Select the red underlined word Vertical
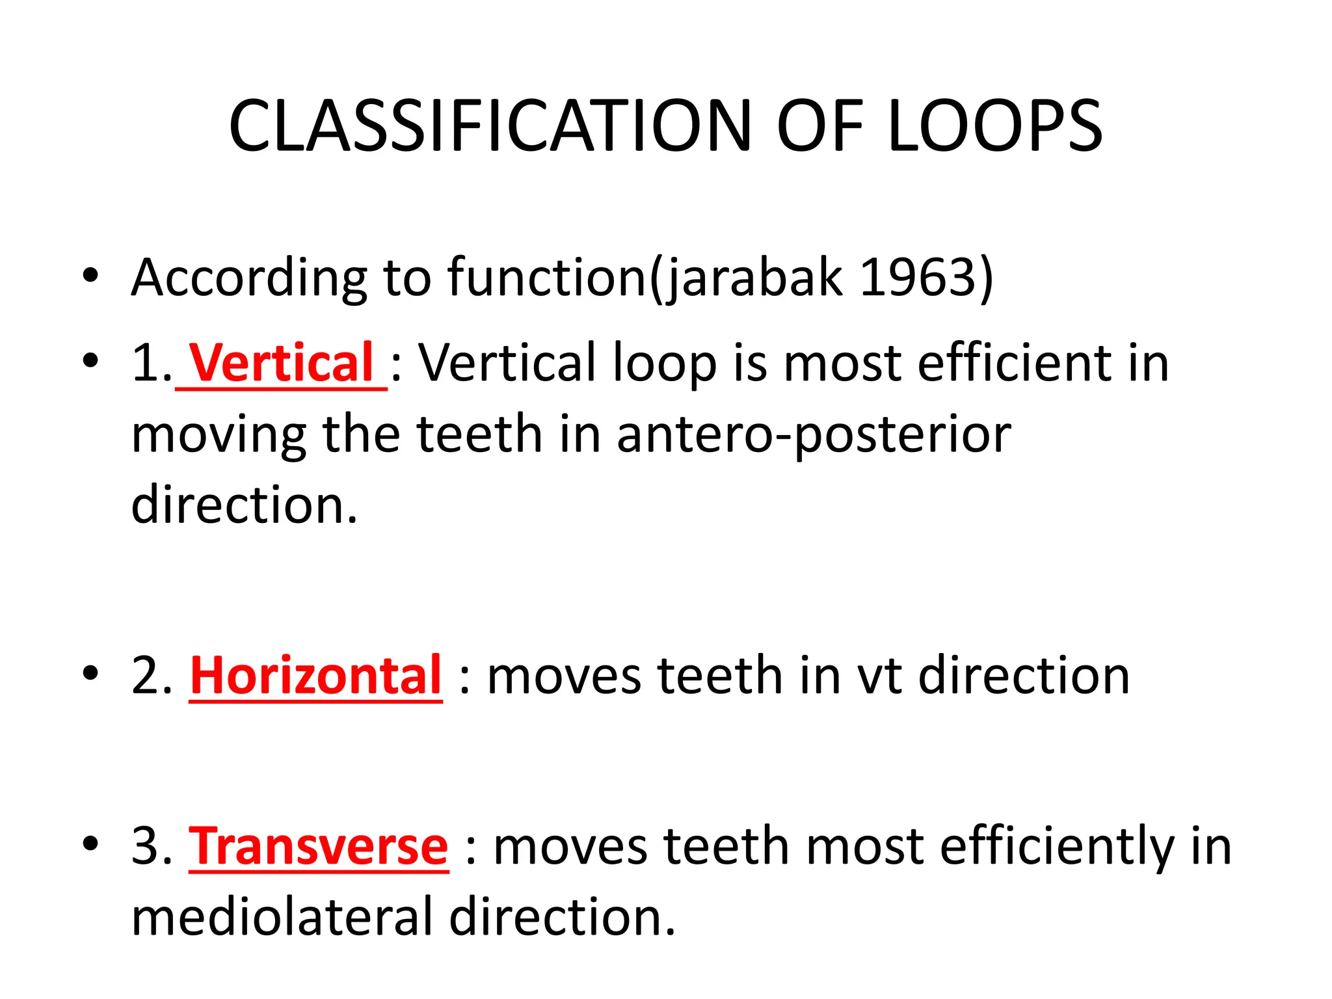(281, 362)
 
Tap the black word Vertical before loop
(507, 362)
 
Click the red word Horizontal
(316, 676)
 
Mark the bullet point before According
(90, 276)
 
